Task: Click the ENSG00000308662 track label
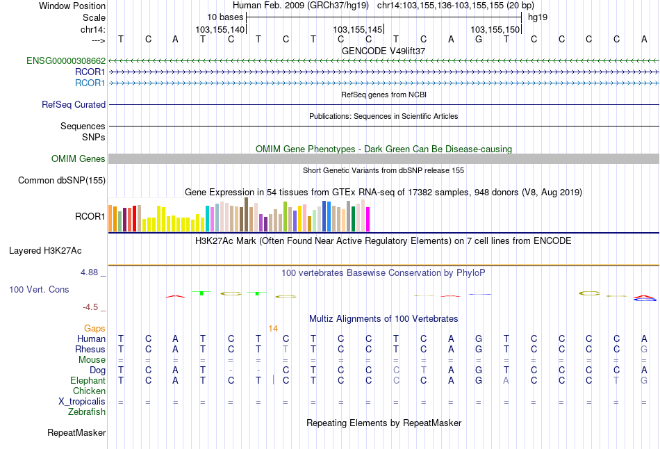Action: pos(66,61)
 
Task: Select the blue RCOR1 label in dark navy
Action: pos(90,72)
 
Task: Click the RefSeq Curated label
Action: pos(74,105)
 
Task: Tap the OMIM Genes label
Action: pos(79,159)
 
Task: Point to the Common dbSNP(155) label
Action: pos(62,181)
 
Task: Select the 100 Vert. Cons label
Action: pos(39,289)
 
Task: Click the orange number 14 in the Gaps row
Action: pos(273,328)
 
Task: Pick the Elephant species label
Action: pos(88,381)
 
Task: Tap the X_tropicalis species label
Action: pos(82,402)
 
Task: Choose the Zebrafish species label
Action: pos(87,412)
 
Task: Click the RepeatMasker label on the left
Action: pos(76,433)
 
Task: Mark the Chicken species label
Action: pos(90,391)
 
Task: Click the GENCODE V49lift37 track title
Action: pos(383,51)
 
